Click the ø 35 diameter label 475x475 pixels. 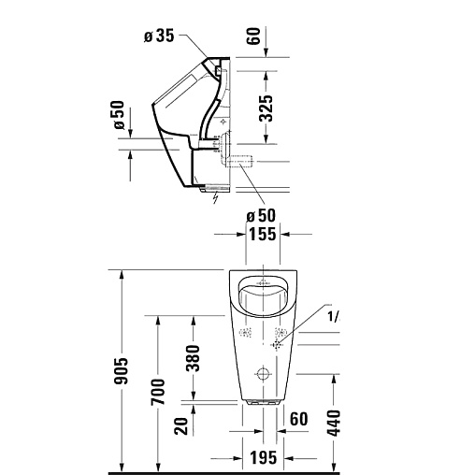(159, 36)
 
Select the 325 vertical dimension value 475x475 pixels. (266, 108)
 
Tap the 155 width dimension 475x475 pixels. (262, 234)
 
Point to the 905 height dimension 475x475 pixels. (122, 370)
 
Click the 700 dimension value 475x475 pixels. (158, 392)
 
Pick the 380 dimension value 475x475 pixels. (193, 358)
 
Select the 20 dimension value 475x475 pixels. (181, 425)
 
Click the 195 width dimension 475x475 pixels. (264, 458)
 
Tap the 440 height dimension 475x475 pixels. (334, 423)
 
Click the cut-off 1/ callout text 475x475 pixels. (334, 317)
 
